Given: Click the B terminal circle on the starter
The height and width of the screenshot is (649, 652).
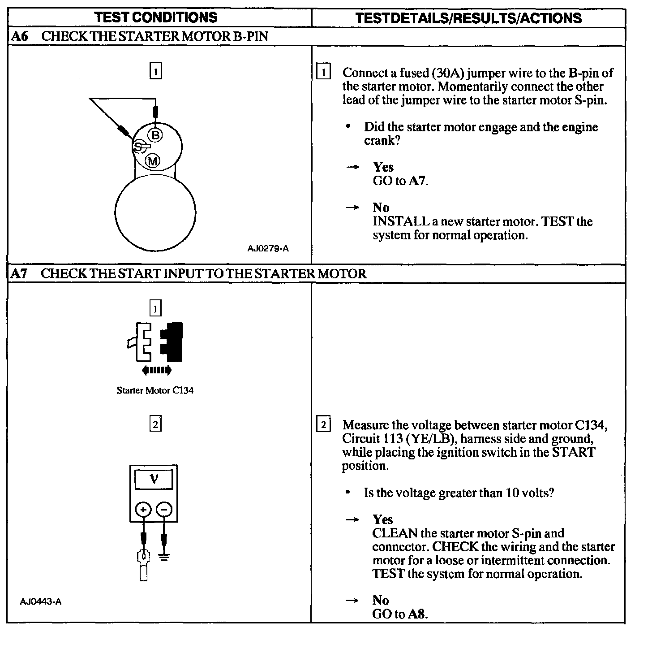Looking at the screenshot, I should [155, 134].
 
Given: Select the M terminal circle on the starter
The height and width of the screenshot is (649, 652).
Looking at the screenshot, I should [153, 160].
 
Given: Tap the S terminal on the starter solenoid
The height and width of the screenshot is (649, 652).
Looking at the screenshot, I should [138, 147].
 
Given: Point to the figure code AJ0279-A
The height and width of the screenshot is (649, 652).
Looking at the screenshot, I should [268, 248].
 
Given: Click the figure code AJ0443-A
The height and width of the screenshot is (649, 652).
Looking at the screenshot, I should [41, 601].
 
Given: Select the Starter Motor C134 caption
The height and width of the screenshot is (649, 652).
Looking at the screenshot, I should [155, 390].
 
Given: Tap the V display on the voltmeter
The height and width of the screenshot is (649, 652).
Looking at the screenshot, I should [154, 480].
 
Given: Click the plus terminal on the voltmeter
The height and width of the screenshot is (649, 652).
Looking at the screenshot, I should [143, 510].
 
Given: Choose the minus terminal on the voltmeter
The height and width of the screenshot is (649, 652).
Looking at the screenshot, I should [164, 510].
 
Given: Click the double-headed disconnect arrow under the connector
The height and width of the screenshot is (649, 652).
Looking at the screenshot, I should [156, 370].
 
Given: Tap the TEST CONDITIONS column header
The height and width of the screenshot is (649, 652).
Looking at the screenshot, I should [156, 17].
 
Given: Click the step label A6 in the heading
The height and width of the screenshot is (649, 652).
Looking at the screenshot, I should [19, 36].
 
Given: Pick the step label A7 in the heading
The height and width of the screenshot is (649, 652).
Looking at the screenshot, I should [19, 273].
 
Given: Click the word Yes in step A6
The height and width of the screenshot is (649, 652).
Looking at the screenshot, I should [383, 167].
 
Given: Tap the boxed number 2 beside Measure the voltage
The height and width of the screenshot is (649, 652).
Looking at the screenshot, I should [323, 424].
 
